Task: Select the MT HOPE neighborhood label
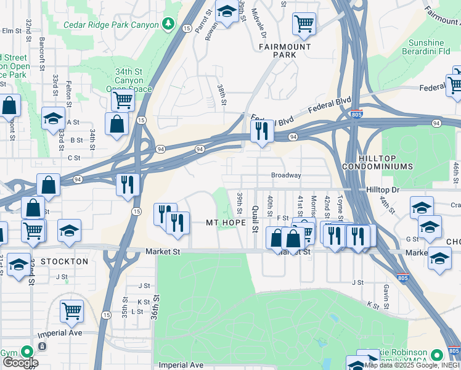pyautogui.click(x=222, y=222)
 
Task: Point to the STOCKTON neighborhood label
pyautogui.click(x=65, y=261)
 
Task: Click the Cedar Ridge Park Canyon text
pyautogui.click(x=110, y=25)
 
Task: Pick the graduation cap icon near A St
pyautogui.click(x=54, y=118)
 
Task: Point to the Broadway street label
pyautogui.click(x=286, y=176)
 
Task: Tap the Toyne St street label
pyautogui.click(x=340, y=204)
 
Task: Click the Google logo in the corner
pyautogui.click(x=20, y=363)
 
